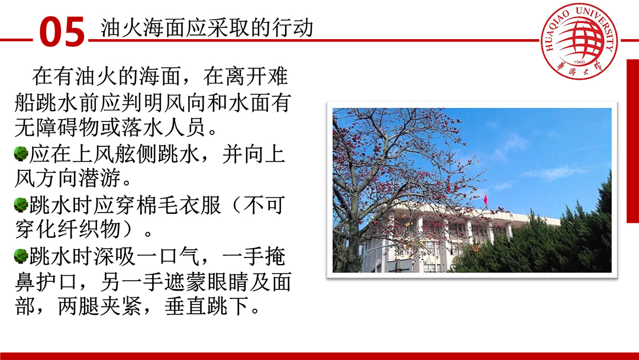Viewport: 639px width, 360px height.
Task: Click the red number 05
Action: pos(62,32)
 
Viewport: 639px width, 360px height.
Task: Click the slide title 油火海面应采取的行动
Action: pos(207,28)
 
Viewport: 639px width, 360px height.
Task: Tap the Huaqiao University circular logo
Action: pos(579,41)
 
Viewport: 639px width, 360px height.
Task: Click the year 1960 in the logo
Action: pos(579,62)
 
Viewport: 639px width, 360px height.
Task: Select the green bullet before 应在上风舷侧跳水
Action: pos(20,154)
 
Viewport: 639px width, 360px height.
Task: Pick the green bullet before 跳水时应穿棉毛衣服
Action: pos(20,205)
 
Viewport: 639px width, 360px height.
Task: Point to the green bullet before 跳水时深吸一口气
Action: pos(20,256)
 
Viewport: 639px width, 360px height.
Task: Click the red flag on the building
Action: pos(485,200)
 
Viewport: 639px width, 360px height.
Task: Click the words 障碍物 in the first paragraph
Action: pos(67,128)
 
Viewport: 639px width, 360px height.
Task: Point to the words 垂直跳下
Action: pos(207,306)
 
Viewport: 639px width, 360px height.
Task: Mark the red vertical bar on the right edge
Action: pos(632,141)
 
